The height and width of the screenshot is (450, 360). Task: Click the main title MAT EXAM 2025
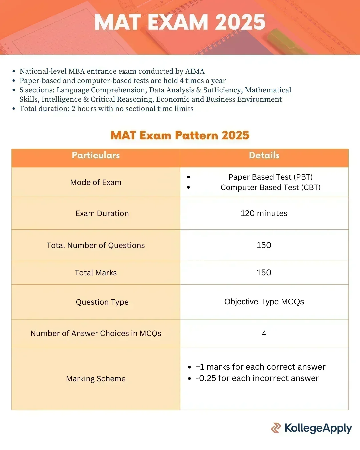(180, 22)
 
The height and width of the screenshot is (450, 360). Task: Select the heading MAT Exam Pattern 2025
(180, 135)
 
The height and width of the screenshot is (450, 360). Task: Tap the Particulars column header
(96, 155)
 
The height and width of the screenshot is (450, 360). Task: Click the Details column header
(264, 155)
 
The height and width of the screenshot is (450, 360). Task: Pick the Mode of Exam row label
(96, 182)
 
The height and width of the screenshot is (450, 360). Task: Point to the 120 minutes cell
(264, 213)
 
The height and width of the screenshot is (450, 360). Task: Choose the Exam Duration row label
(102, 213)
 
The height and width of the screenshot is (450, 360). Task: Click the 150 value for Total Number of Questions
(264, 245)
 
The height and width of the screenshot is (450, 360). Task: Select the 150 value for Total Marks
(264, 273)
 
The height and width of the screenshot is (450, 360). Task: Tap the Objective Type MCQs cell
(264, 302)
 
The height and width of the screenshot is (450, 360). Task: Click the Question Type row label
(102, 302)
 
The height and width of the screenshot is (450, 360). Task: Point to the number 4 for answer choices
(264, 333)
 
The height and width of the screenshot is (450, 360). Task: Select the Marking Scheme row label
(96, 379)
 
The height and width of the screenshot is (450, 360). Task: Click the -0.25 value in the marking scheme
(206, 378)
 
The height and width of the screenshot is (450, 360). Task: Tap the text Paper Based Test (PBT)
(270, 177)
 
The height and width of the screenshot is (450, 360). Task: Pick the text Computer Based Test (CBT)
(270, 187)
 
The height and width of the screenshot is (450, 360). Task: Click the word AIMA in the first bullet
(195, 71)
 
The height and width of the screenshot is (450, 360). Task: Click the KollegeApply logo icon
(276, 428)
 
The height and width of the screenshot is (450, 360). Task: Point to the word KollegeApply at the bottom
(318, 428)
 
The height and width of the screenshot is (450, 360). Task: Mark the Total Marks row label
(96, 273)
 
